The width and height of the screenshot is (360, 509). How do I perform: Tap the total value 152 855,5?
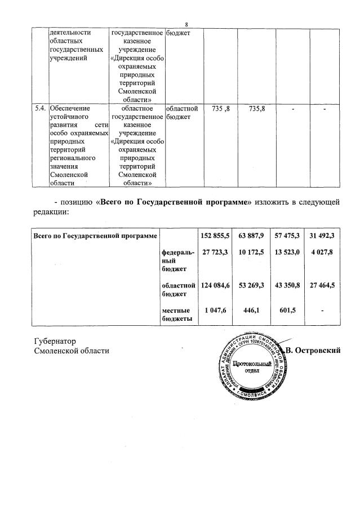point(215,234)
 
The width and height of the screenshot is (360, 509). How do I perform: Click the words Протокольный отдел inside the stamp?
point(248,370)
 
